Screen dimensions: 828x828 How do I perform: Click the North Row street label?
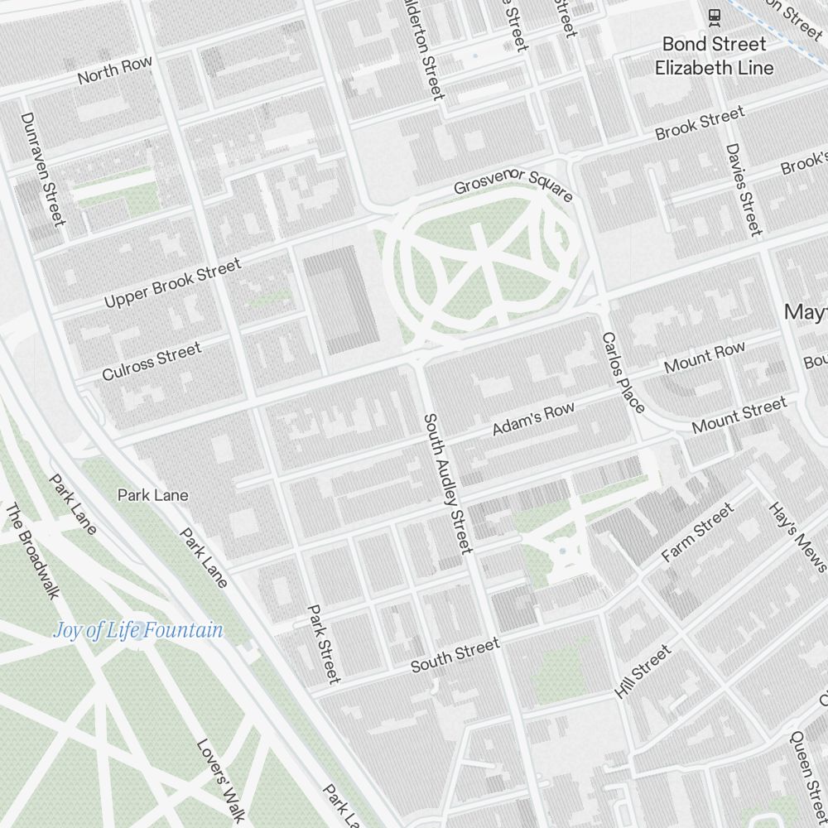pyautogui.click(x=115, y=70)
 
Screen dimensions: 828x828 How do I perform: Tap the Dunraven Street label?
pyautogui.click(x=42, y=169)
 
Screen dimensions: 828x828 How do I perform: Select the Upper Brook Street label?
pyautogui.click(x=172, y=283)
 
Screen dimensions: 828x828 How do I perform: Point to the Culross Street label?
pyautogui.click(x=152, y=362)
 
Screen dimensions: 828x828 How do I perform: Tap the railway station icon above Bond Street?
pyautogui.click(x=713, y=15)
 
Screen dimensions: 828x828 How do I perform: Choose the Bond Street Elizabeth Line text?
pyautogui.click(x=714, y=55)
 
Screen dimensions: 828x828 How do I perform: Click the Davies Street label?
pyautogui.click(x=743, y=189)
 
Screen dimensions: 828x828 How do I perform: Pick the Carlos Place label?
pyautogui.click(x=623, y=373)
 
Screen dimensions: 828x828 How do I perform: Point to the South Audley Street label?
pyautogui.click(x=448, y=484)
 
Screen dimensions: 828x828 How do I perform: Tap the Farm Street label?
pyautogui.click(x=697, y=533)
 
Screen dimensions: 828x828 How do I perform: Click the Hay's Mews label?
pyautogui.click(x=797, y=537)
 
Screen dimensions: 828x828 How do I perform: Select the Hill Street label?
pyautogui.click(x=643, y=672)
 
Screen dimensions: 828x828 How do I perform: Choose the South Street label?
pyautogui.click(x=455, y=655)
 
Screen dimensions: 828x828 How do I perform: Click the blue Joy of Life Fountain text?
pyautogui.click(x=137, y=630)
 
